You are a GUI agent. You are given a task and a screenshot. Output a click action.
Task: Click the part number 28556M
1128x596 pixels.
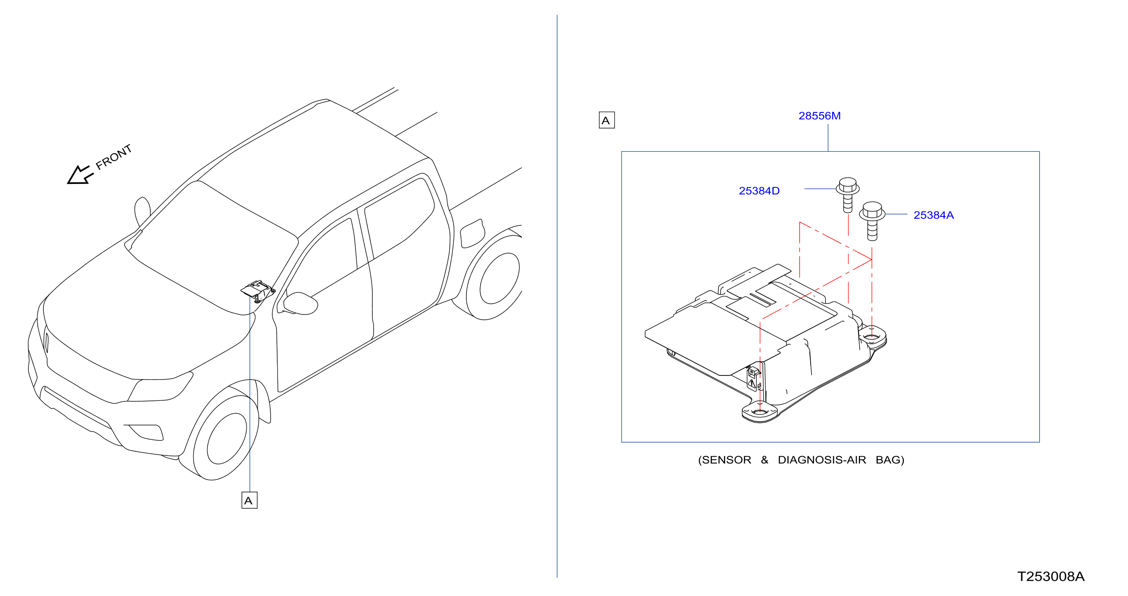tap(819, 116)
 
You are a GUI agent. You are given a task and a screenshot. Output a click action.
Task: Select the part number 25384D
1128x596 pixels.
tap(759, 191)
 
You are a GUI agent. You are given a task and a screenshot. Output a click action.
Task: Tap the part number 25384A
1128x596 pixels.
tap(934, 215)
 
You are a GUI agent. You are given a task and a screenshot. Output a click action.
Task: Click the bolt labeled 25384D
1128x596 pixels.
tap(848, 195)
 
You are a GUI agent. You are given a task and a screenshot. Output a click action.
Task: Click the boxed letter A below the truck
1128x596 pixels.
tap(249, 500)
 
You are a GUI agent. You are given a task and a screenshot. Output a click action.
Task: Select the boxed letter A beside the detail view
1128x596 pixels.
tap(607, 120)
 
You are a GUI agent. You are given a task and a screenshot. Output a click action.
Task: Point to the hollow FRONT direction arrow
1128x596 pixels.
tap(80, 175)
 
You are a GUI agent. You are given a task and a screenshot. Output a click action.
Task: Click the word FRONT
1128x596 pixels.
tap(113, 157)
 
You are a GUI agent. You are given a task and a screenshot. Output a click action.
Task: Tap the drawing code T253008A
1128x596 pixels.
tap(1050, 576)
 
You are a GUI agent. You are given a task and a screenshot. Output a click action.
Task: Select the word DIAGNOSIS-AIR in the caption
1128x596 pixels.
tap(822, 460)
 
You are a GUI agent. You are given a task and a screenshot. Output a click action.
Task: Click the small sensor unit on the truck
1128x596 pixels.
tap(258, 290)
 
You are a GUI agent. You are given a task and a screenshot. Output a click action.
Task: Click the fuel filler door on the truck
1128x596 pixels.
tap(472, 233)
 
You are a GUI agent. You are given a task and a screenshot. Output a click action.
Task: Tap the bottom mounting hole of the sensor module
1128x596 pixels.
tap(759, 412)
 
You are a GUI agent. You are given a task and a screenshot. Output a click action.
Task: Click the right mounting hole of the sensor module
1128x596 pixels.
tap(871, 337)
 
